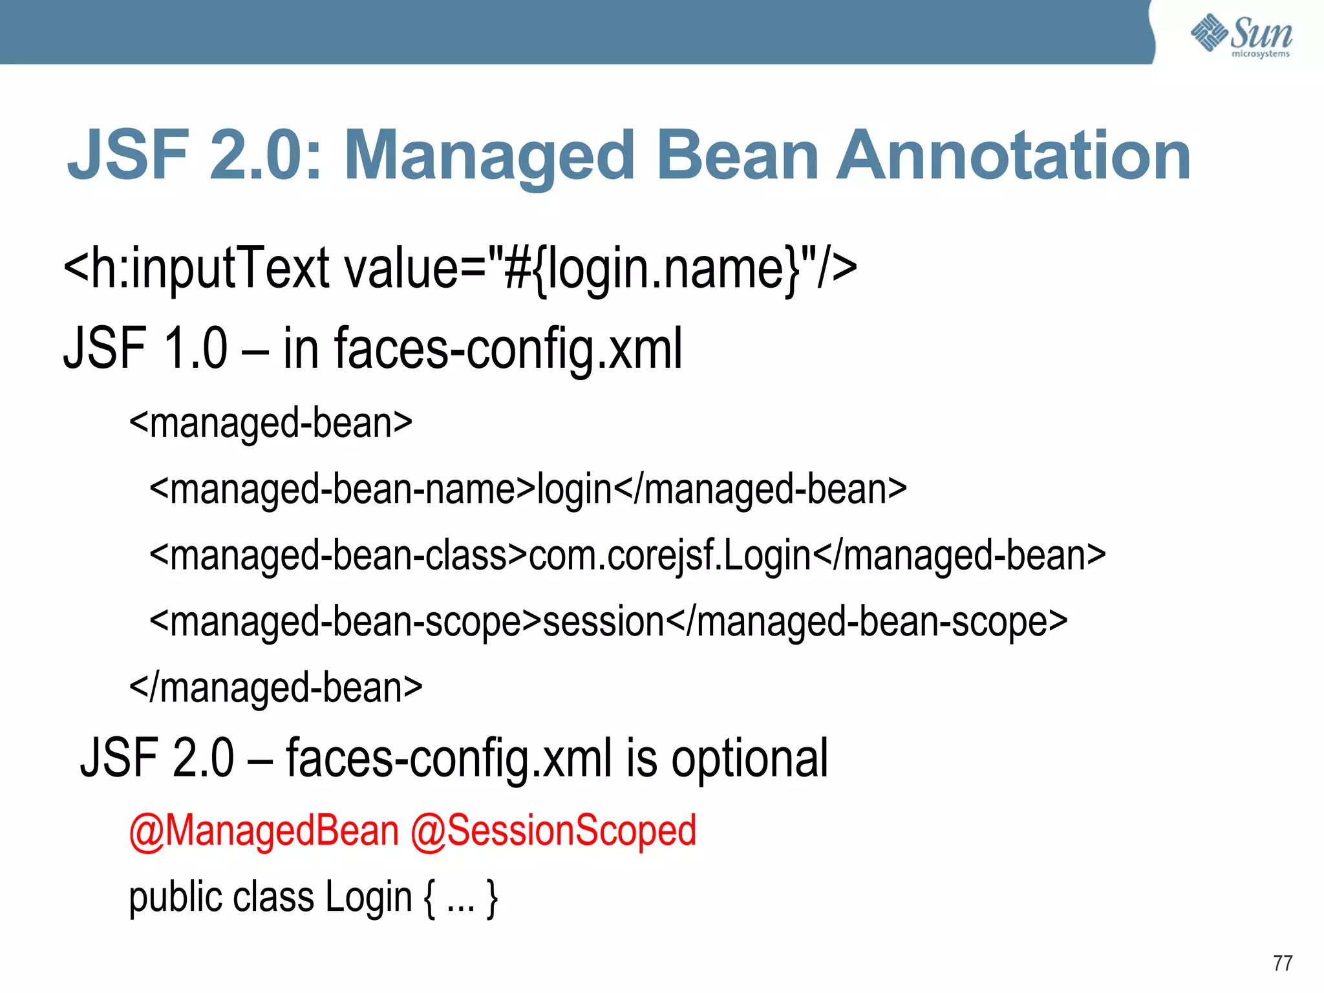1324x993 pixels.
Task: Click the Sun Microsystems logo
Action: pyautogui.click(x=1241, y=35)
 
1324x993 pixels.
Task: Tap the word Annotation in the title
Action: pyautogui.click(x=1013, y=156)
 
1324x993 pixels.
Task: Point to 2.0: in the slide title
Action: pyautogui.click(x=266, y=156)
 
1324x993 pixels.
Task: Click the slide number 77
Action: pyautogui.click(x=1283, y=963)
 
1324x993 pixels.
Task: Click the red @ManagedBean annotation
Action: pyautogui.click(x=264, y=831)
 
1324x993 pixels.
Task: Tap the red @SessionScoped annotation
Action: pyautogui.click(x=553, y=831)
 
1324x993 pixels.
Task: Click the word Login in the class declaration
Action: pyautogui.click(x=368, y=898)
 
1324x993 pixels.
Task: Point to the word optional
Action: pyautogui.click(x=749, y=758)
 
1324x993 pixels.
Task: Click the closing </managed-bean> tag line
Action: pyautogui.click(x=276, y=688)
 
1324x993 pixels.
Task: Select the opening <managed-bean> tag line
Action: pyautogui.click(x=271, y=423)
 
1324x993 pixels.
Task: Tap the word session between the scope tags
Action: pyautogui.click(x=604, y=622)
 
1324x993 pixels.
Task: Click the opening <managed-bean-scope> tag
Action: pyautogui.click(x=345, y=622)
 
